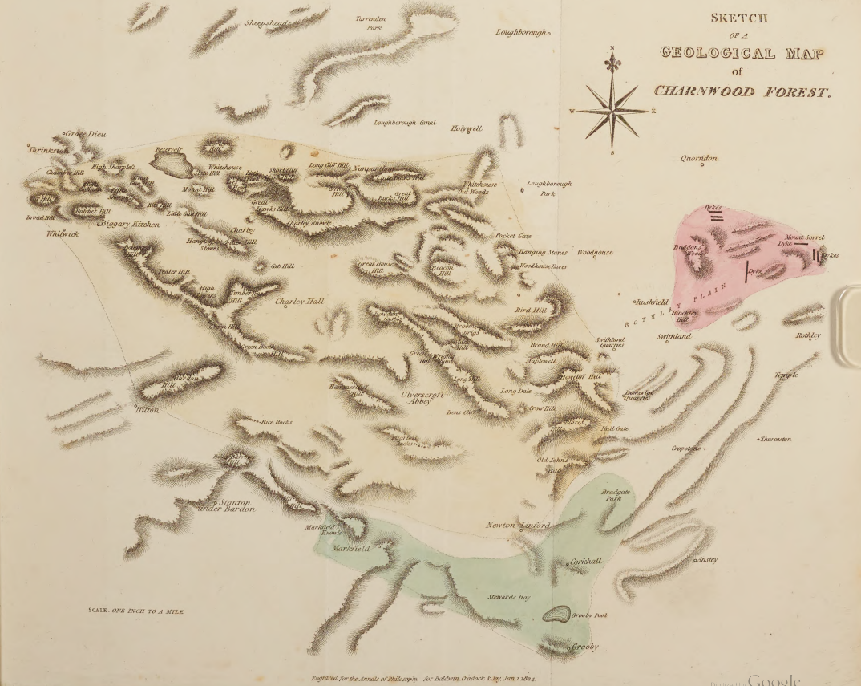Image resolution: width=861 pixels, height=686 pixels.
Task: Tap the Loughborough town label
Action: pyautogui.click(x=520, y=33)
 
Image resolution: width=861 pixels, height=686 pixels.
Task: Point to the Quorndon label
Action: pyautogui.click(x=699, y=158)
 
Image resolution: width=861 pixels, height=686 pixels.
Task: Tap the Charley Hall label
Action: pyautogui.click(x=299, y=302)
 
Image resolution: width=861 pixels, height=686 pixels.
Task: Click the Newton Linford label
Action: pyautogui.click(x=518, y=526)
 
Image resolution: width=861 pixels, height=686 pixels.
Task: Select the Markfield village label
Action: pyautogui.click(x=348, y=549)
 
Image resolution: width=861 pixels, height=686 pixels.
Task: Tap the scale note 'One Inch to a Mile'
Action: pyautogui.click(x=136, y=611)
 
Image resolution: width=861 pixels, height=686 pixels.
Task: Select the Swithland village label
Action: pyautogui.click(x=673, y=336)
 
